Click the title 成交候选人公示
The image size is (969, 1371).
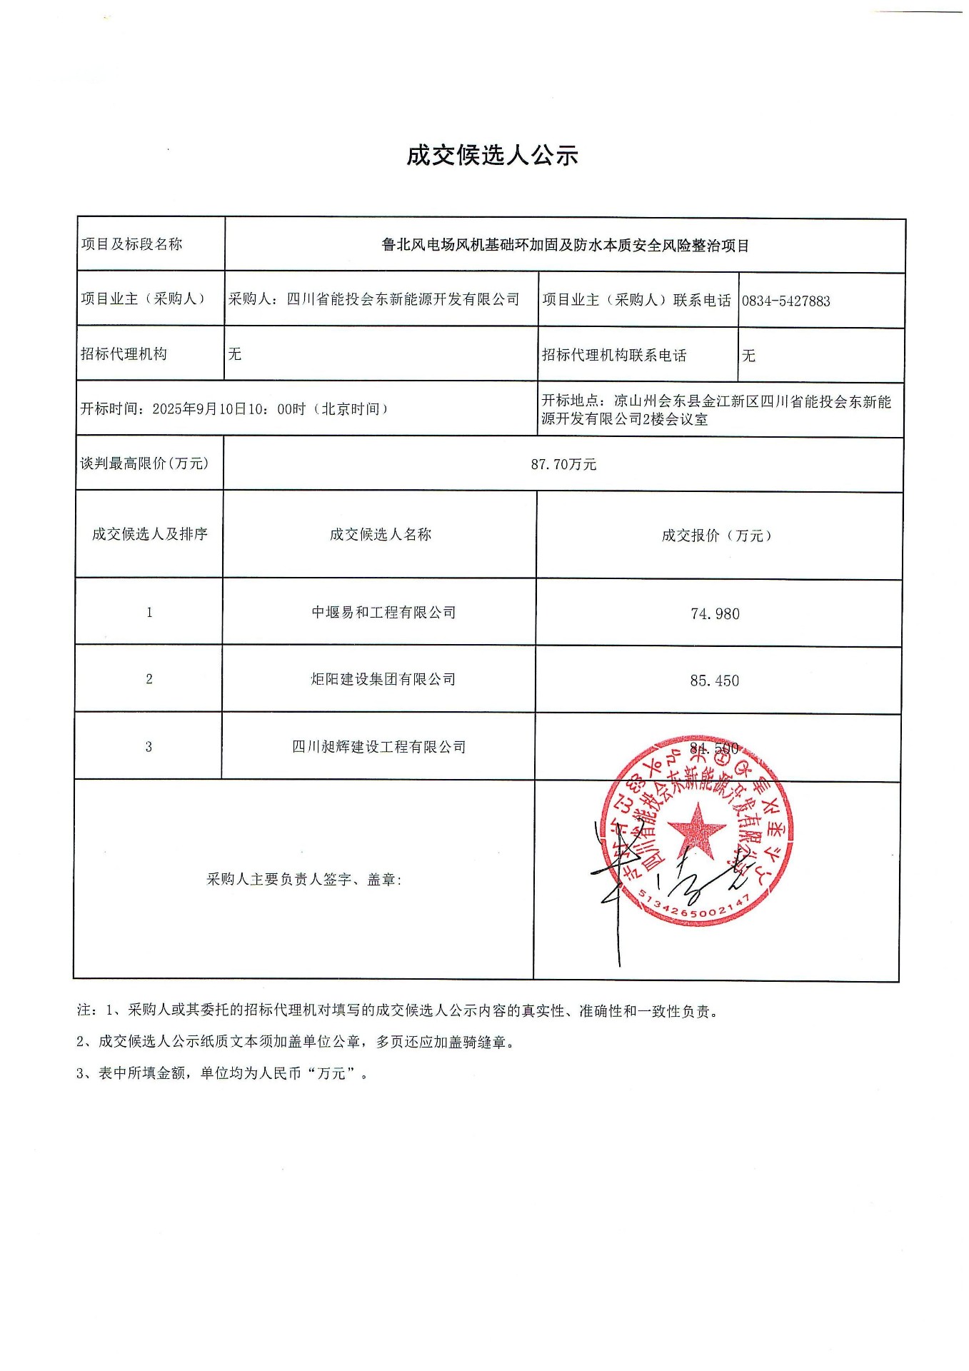tap(491, 155)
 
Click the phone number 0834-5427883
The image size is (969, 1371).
tap(785, 301)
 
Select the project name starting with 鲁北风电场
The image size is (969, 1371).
tap(565, 246)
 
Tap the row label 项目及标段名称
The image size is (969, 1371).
tap(131, 244)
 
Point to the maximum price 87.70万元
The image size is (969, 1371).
tap(563, 464)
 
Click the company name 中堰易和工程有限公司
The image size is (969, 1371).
tap(383, 613)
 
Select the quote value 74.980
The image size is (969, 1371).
tap(715, 614)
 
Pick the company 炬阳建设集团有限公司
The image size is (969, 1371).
tap(383, 679)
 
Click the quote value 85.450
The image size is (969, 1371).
tap(714, 681)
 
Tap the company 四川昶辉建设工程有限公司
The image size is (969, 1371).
tap(378, 747)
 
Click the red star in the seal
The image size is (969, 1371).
tap(696, 830)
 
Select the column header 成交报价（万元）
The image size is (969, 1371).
tap(716, 536)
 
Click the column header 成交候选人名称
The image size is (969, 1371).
tap(380, 535)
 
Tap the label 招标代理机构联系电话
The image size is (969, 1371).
tap(614, 356)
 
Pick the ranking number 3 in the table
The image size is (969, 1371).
tap(149, 747)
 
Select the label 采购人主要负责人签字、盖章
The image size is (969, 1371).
tap(303, 880)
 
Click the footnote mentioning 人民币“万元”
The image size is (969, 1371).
tap(223, 1073)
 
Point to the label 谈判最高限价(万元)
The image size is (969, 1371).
tap(144, 463)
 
